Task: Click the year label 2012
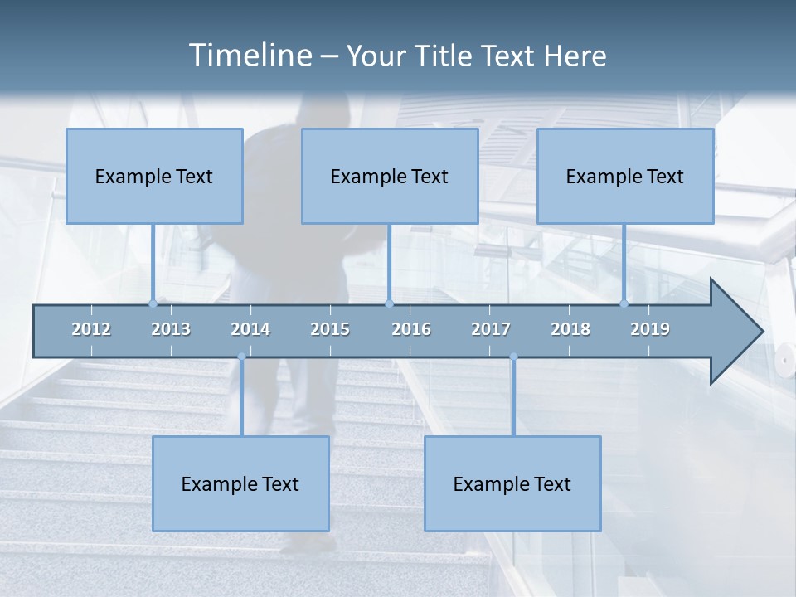[x=91, y=329]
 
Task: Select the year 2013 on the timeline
[x=171, y=329]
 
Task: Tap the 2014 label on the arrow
[x=250, y=329]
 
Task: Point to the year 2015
[x=330, y=329]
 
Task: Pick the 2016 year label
[x=411, y=329]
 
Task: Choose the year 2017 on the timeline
[x=491, y=329]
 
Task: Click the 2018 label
[x=570, y=329]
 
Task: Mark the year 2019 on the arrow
[x=650, y=329]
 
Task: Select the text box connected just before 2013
[x=154, y=176]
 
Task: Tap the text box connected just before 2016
[x=390, y=176]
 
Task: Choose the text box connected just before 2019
[x=625, y=176]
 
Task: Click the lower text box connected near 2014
[x=240, y=483]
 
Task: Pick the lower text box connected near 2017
[x=512, y=483]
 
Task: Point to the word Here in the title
[x=575, y=56]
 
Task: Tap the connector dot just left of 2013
[x=153, y=303]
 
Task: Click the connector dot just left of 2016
[x=389, y=303]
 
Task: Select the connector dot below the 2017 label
[x=513, y=357]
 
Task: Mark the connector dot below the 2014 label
[x=241, y=357]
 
